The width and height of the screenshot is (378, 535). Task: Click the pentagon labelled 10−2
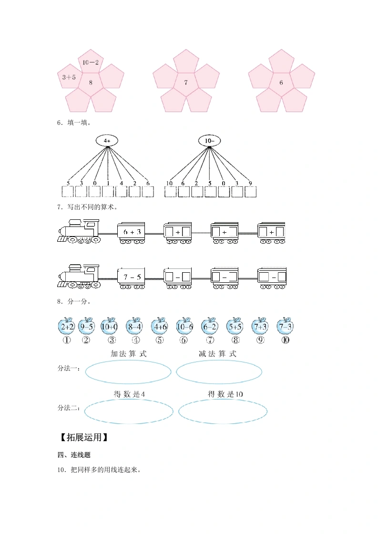(91, 62)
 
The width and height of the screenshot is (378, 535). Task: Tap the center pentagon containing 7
(186, 82)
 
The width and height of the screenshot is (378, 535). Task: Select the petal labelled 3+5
(70, 77)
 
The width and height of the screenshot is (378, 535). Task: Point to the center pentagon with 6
(281, 82)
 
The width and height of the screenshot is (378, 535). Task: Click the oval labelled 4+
(107, 141)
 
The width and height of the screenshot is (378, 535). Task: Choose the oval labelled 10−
(209, 141)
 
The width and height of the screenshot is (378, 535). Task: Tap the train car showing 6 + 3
(131, 233)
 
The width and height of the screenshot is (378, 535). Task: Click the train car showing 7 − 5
(131, 278)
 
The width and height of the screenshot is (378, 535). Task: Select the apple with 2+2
(67, 326)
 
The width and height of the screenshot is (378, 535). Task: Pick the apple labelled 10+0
(109, 326)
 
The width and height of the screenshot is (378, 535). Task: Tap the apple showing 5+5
(235, 326)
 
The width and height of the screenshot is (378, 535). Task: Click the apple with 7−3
(285, 326)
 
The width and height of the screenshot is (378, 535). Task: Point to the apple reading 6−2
(209, 326)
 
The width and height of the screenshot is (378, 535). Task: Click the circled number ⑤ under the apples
(160, 340)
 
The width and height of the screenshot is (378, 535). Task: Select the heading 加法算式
(129, 354)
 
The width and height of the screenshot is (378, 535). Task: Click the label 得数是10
(225, 394)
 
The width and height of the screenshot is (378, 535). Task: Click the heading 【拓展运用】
(84, 437)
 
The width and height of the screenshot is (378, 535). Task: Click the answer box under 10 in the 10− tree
(170, 192)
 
